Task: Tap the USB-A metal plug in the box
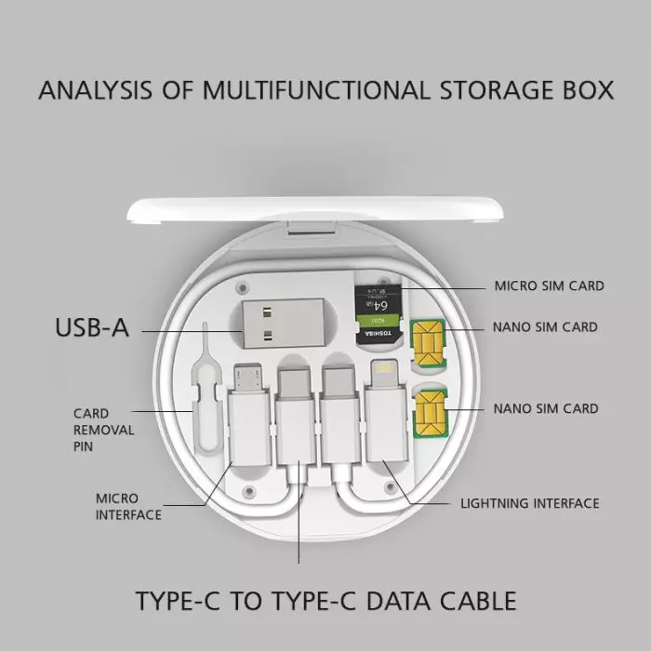pos(274,326)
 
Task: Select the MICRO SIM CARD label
pos(549,286)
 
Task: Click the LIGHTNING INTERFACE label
pos(530,503)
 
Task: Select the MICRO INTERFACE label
pos(127,507)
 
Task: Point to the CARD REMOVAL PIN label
pos(103,430)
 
